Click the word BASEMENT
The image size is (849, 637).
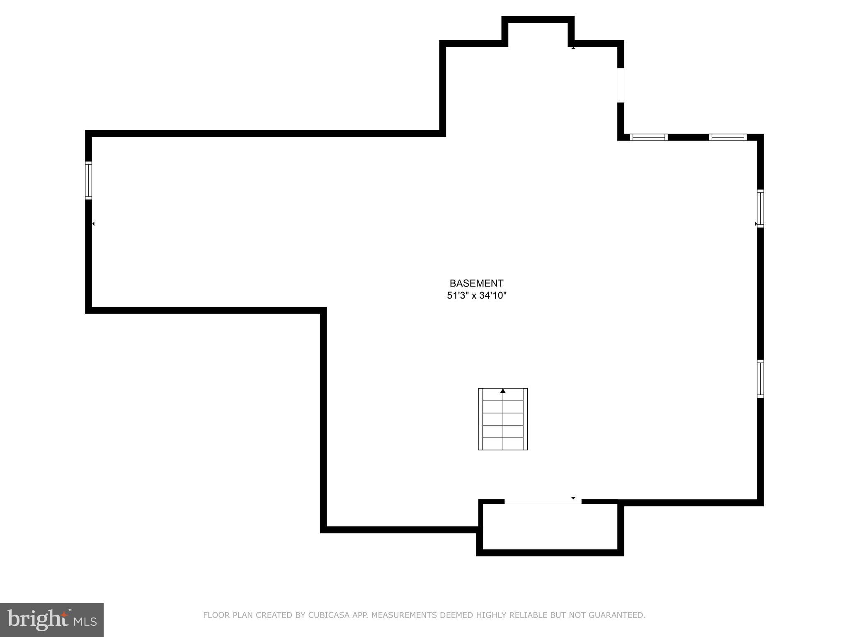[x=476, y=283]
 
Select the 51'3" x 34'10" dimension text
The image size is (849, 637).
[x=476, y=296]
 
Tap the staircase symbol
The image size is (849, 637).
[x=502, y=419]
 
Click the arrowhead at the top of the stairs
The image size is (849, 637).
[x=503, y=391]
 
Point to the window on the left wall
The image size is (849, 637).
[x=88, y=180]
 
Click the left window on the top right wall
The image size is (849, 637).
[x=648, y=137]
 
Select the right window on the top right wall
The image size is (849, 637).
[x=728, y=137]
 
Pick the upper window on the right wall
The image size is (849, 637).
[x=760, y=208]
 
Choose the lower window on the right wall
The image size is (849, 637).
[x=760, y=379]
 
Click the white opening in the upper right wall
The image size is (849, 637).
[x=621, y=85]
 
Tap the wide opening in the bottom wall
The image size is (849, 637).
[x=543, y=502]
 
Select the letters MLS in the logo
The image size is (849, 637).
[x=85, y=622]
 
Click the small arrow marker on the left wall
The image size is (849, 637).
[x=93, y=224]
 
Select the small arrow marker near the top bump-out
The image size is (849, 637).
[x=573, y=48]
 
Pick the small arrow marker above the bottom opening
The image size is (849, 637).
[x=573, y=498]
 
